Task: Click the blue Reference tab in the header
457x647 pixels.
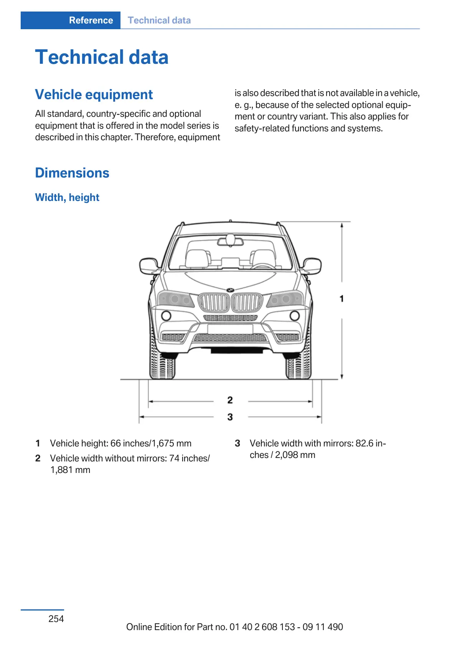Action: (91, 20)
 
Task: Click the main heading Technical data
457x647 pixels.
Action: (102, 57)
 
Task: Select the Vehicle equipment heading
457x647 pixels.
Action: (94, 95)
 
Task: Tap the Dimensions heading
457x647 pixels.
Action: (72, 173)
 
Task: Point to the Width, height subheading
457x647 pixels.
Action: (67, 197)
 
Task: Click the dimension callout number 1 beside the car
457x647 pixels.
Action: (342, 299)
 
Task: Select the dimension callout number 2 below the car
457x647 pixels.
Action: (230, 400)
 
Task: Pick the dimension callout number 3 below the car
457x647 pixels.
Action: (230, 417)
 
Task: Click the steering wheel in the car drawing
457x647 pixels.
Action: (263, 265)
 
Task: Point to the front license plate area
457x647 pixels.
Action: (230, 329)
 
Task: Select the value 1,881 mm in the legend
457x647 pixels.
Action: (70, 470)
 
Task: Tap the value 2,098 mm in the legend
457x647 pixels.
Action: (295, 455)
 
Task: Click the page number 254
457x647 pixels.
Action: (56, 619)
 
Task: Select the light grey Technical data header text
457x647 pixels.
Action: (159, 20)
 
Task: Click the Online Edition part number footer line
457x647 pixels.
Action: (234, 627)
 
